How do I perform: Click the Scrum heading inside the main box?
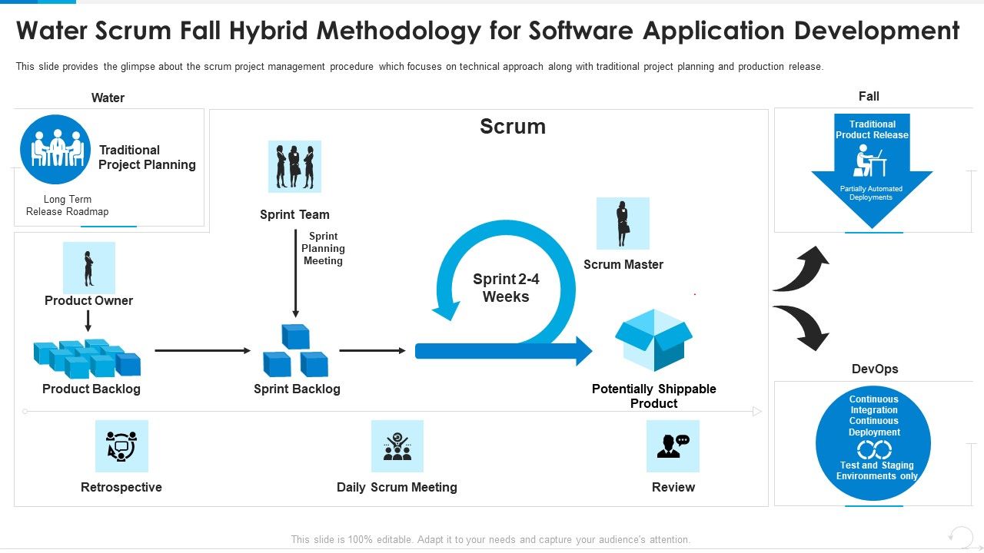pyautogui.click(x=513, y=127)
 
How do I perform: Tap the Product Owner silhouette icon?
pyautogui.click(x=89, y=268)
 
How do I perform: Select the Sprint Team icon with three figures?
pyautogui.click(x=294, y=166)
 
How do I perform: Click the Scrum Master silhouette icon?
pyautogui.click(x=623, y=224)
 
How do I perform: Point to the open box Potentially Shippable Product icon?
pyautogui.click(x=653, y=339)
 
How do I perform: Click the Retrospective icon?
pyautogui.click(x=121, y=445)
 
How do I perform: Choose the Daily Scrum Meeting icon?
pyautogui.click(x=397, y=445)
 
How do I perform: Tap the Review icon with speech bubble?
pyautogui.click(x=673, y=445)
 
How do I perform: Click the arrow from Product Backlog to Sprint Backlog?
pyautogui.click(x=203, y=351)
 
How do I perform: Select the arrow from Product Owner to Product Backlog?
pyautogui.click(x=88, y=320)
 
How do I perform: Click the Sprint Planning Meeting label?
pyautogui.click(x=323, y=248)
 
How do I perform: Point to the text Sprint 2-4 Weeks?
pyautogui.click(x=506, y=288)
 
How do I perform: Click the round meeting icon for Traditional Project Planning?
pyautogui.click(x=55, y=150)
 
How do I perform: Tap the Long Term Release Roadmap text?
pyautogui.click(x=68, y=206)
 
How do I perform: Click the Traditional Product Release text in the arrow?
pyautogui.click(x=872, y=130)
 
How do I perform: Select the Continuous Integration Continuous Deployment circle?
pyautogui.click(x=873, y=443)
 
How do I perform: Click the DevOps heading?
pyautogui.click(x=875, y=369)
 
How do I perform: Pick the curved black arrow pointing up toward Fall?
pyautogui.click(x=801, y=269)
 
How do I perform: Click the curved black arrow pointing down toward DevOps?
pyautogui.click(x=801, y=326)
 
